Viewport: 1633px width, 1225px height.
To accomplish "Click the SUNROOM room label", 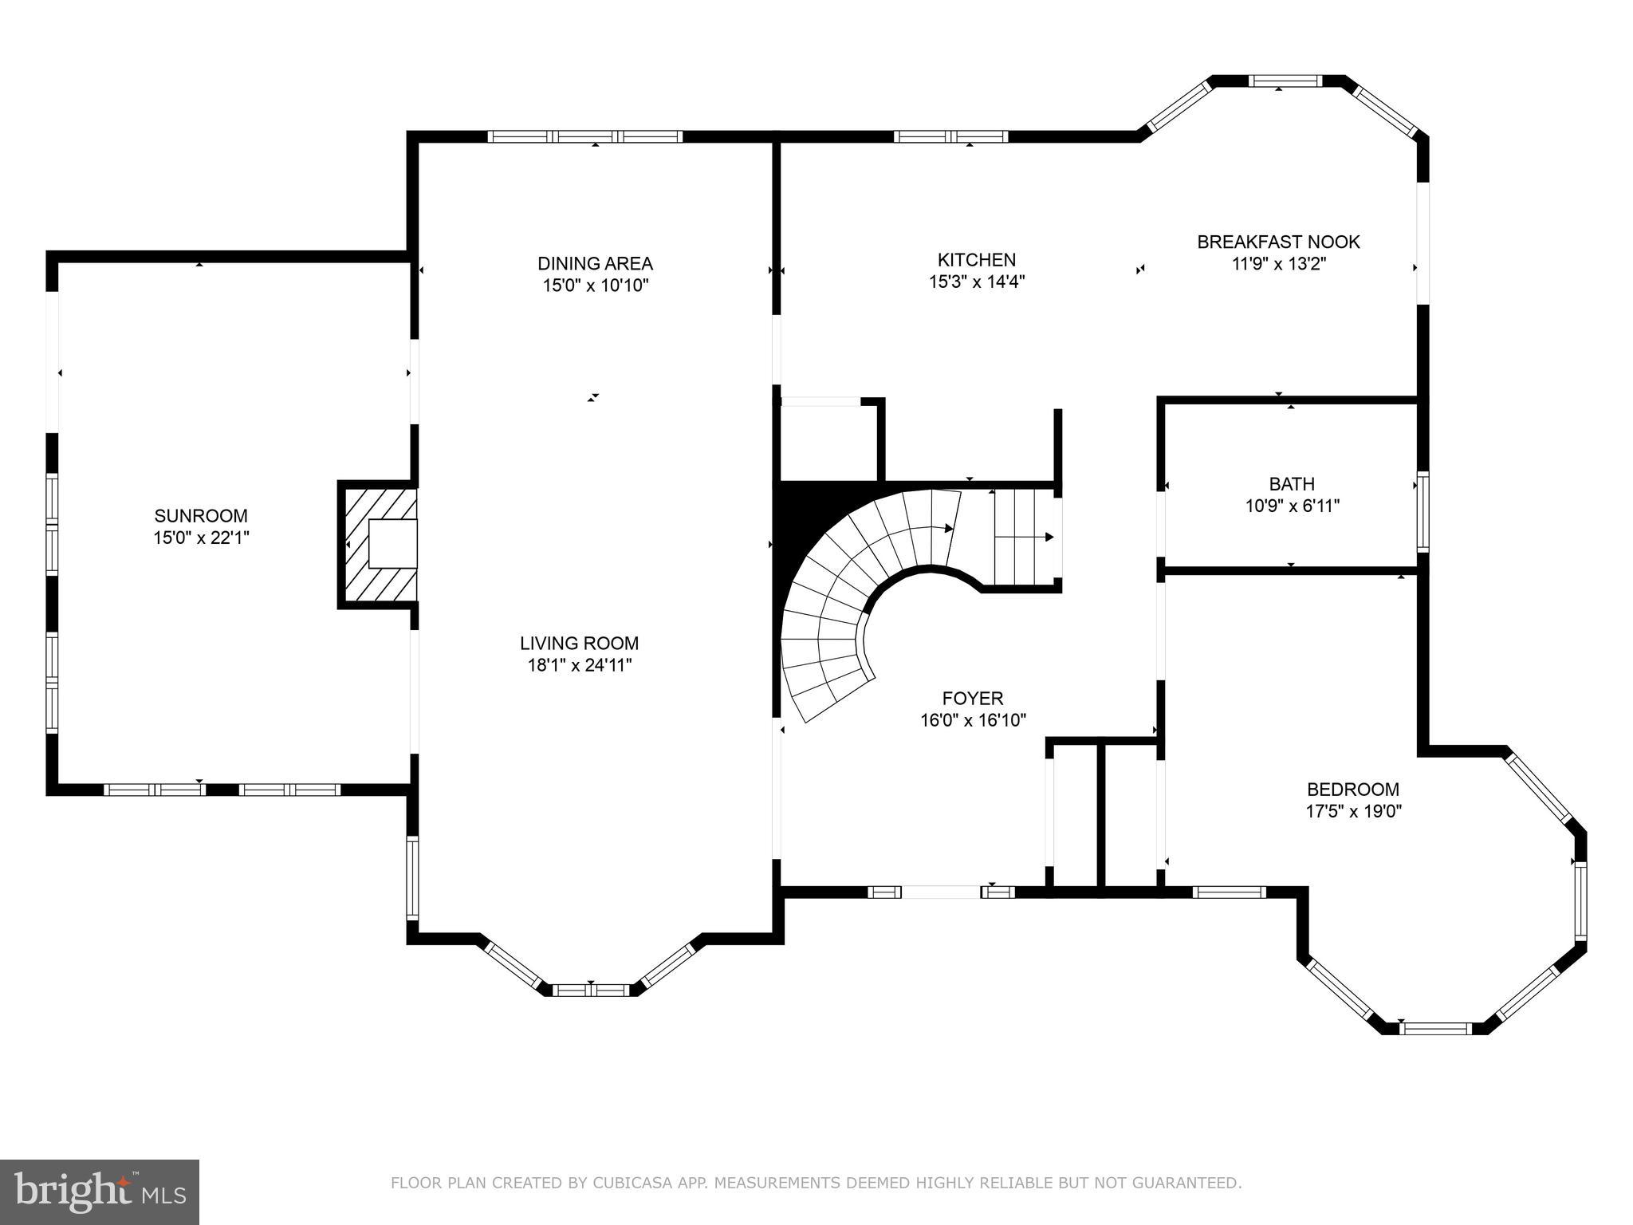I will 201,515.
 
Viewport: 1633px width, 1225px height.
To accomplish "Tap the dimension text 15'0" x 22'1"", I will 201,538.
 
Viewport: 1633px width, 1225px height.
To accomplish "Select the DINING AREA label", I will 595,263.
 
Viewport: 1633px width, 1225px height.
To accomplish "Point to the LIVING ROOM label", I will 579,643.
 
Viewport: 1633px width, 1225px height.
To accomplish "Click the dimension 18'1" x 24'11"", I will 579,665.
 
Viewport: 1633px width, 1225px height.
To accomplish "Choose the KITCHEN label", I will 976,260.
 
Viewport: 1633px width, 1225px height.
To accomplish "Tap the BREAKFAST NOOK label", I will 1278,242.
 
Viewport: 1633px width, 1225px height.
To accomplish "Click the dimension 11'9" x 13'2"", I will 1278,264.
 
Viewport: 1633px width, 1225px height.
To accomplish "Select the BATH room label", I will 1292,483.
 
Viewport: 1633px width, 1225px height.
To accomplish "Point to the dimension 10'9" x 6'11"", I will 1292,506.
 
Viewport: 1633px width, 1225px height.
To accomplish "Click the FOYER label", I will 973,699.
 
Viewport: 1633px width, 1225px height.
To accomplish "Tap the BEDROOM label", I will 1352,790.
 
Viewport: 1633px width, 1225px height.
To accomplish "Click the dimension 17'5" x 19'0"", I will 1352,812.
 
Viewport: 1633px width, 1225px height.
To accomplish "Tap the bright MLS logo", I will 99,1192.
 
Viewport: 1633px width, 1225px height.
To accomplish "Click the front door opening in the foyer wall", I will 941,892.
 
